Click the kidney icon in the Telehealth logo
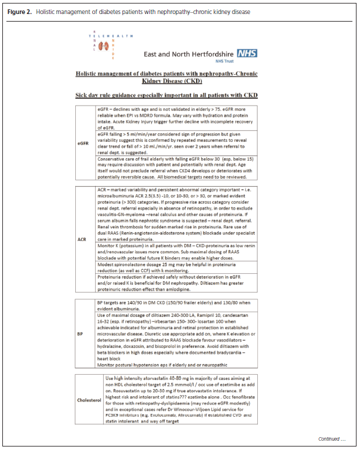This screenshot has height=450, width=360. coord(104,46)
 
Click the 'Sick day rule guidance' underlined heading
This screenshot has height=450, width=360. coord(167,95)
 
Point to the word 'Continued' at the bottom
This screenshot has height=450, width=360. coord(330,438)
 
